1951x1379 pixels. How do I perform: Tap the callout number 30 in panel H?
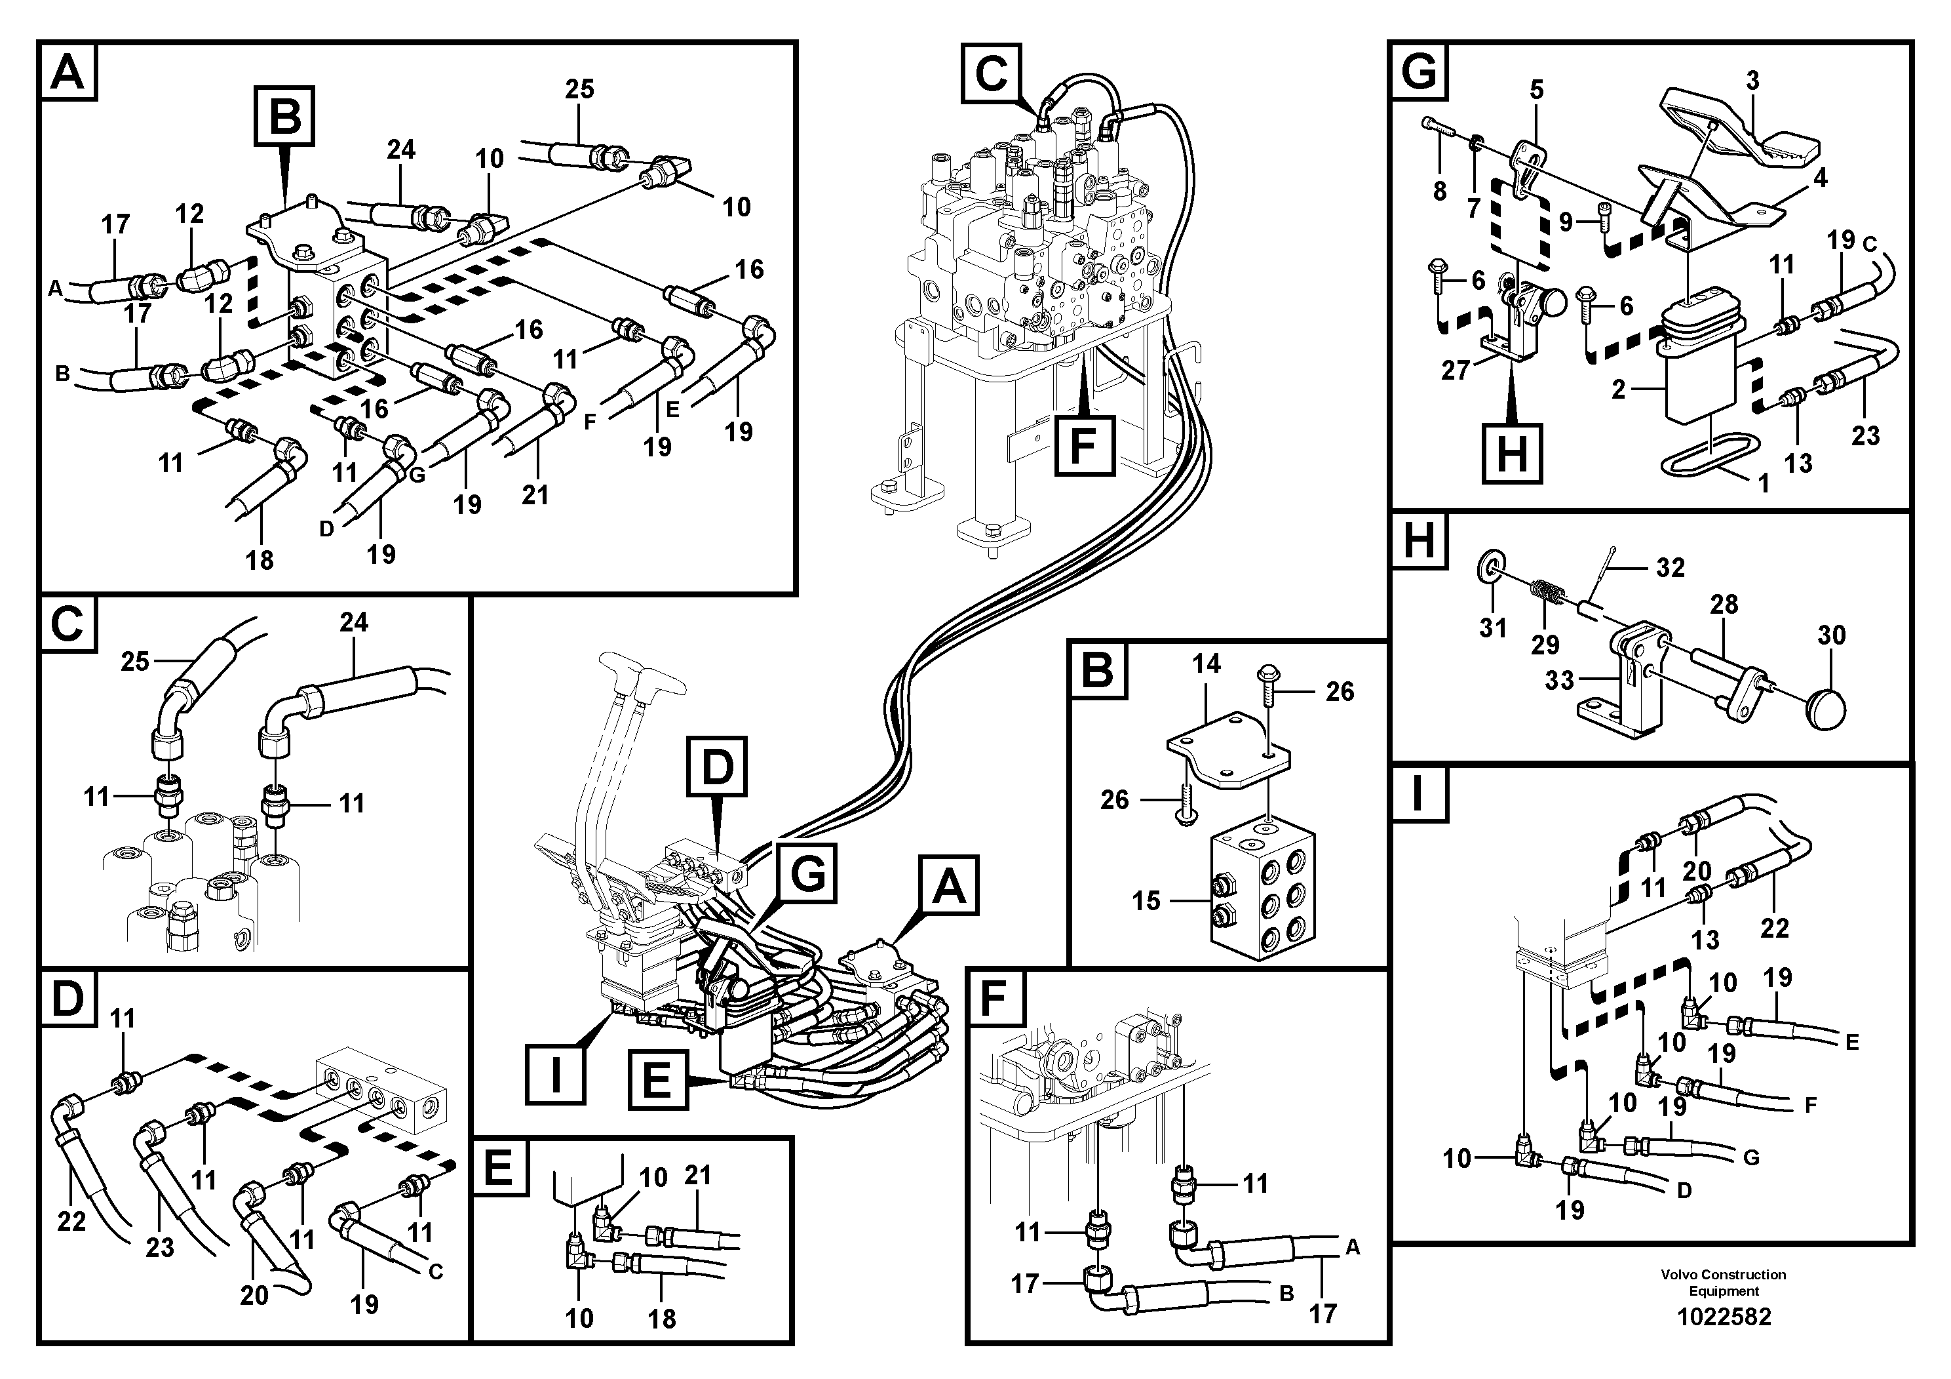(x=1831, y=635)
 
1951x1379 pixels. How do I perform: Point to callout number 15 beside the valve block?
(x=1146, y=900)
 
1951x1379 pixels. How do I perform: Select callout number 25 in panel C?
(x=135, y=662)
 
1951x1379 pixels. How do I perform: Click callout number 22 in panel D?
(x=71, y=1222)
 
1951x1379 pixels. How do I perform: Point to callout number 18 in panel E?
(x=662, y=1319)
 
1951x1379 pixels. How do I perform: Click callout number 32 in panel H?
(x=1670, y=568)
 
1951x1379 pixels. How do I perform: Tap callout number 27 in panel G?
(x=1456, y=370)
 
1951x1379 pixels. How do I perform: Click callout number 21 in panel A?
(x=535, y=495)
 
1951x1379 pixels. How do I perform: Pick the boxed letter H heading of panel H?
(x=1419, y=541)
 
